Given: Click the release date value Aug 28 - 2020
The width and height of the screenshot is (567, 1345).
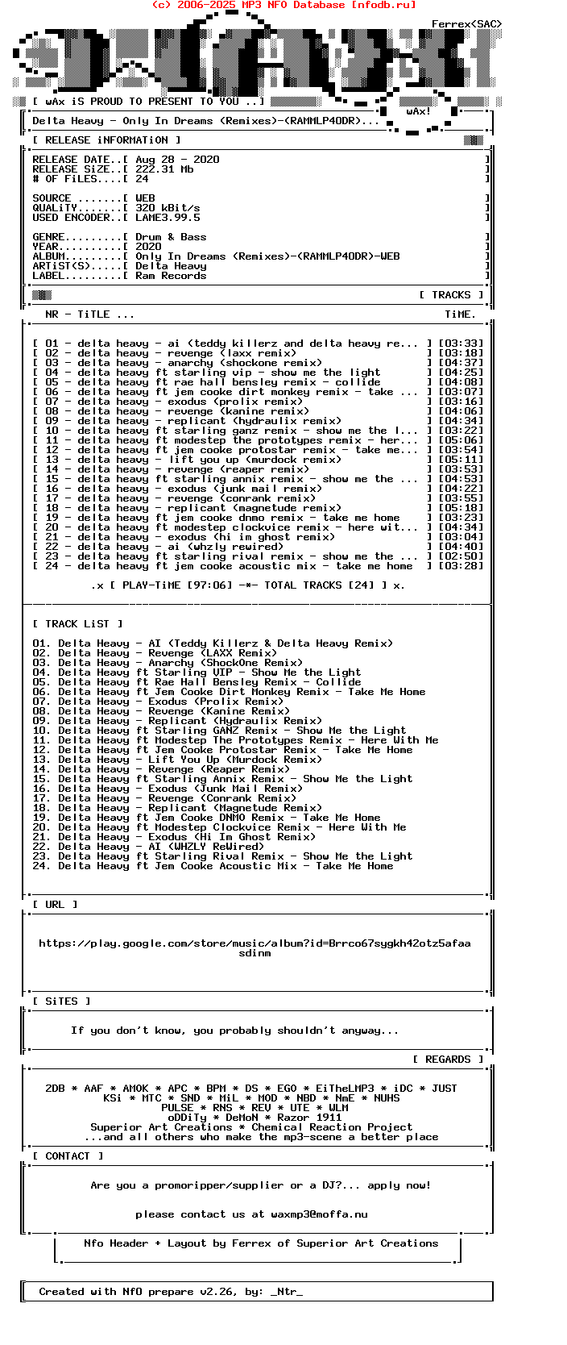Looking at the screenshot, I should point(177,160).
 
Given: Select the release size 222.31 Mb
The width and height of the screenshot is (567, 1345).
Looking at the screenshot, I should point(164,169).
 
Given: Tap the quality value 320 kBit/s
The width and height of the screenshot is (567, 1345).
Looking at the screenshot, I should point(168,208).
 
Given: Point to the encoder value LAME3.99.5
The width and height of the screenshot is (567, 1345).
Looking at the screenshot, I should point(168,218).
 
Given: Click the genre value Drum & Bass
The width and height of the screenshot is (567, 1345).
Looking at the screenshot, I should point(171,237).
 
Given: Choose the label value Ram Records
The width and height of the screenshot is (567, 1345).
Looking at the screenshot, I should point(171,276).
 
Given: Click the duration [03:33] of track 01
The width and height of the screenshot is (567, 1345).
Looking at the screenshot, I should point(461,344).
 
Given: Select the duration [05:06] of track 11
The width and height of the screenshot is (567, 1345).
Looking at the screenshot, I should point(461,440).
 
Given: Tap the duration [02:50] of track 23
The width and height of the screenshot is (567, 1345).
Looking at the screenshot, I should point(461,556).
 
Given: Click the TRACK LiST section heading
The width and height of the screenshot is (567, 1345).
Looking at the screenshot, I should point(77,624).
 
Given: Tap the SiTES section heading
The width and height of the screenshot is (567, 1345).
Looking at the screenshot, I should point(61,1001).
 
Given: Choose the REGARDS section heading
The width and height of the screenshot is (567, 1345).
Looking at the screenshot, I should point(448,1060).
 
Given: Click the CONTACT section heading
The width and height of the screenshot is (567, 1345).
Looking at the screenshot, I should point(68,1156).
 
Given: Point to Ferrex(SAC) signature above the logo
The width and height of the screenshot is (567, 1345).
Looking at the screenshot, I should point(466,24).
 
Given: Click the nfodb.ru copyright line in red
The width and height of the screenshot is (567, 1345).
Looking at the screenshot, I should point(283,5).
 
